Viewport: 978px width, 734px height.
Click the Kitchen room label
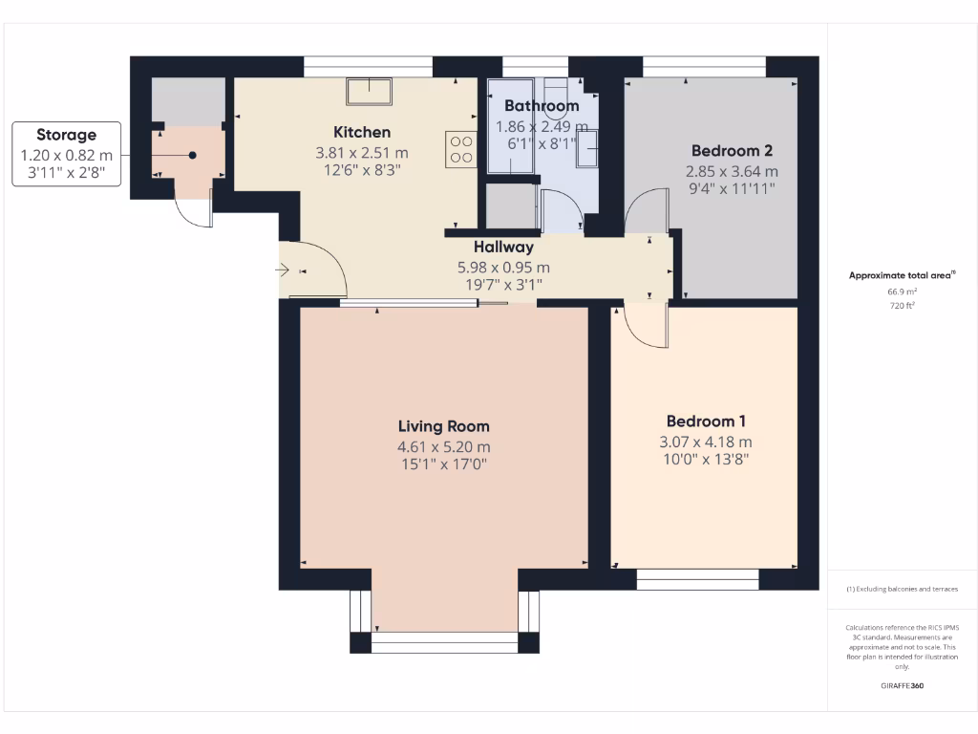pyautogui.click(x=361, y=132)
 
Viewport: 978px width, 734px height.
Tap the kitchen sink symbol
pyautogui.click(x=370, y=91)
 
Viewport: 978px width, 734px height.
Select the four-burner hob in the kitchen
pyautogui.click(x=461, y=149)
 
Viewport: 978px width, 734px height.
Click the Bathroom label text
pyautogui.click(x=542, y=105)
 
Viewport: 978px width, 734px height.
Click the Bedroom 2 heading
pyautogui.click(x=732, y=150)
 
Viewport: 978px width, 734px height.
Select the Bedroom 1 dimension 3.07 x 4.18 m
pyautogui.click(x=706, y=442)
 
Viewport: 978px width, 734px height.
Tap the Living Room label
pyautogui.click(x=443, y=426)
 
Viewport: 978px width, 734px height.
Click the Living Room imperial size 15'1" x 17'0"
pyautogui.click(x=443, y=464)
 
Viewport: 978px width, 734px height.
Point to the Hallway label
pyautogui.click(x=503, y=248)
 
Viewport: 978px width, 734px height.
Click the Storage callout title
pyautogui.click(x=67, y=135)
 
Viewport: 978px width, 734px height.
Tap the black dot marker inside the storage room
pyautogui.click(x=192, y=155)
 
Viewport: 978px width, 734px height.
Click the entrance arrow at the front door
pyautogui.click(x=284, y=270)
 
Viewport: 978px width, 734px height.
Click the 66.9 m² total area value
pyautogui.click(x=902, y=291)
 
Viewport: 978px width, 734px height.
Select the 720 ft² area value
pyautogui.click(x=902, y=306)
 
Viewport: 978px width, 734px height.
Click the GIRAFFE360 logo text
pyautogui.click(x=902, y=685)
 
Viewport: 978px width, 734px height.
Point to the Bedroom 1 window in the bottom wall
pyautogui.click(x=697, y=579)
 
